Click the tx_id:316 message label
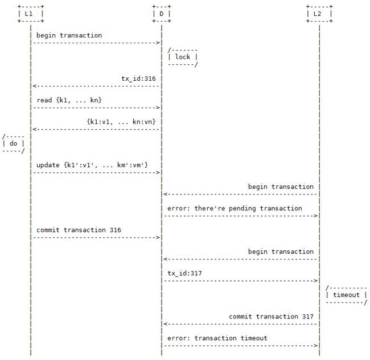138,78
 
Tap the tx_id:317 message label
185,273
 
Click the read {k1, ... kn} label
69,100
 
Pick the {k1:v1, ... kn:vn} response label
121,122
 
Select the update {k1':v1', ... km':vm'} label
92,165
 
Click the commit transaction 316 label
79,230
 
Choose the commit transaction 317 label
271,317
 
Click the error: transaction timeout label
217,338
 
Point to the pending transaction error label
235,208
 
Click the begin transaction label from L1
69,35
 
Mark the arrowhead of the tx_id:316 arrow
35,86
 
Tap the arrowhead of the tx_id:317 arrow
316,281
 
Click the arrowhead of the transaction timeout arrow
316,346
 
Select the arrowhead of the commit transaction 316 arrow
158,237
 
